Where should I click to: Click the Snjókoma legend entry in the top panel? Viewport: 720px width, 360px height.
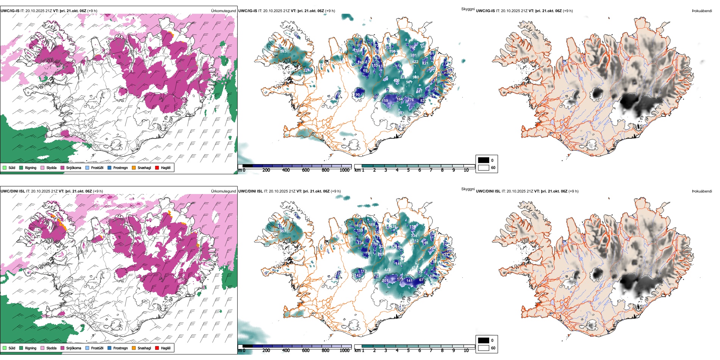click(74, 167)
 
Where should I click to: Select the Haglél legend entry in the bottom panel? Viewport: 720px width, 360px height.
click(166, 348)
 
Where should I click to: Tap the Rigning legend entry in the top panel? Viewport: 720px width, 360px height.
click(31, 167)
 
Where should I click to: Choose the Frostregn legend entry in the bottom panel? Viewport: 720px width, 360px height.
click(121, 348)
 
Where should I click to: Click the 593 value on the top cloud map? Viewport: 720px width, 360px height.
click(283, 51)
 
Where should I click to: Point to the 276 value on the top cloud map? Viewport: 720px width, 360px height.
click(410, 100)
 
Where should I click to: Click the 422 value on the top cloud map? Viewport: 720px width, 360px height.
click(415, 61)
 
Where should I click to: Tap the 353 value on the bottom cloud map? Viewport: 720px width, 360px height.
click(283, 231)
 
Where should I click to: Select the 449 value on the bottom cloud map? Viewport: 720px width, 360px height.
click(387, 270)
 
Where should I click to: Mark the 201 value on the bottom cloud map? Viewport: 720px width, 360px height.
click(385, 281)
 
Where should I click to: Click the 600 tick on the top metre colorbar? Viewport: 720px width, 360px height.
click(306, 170)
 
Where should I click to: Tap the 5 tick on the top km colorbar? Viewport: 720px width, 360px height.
click(409, 170)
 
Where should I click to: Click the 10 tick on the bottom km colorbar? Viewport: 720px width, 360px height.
click(466, 351)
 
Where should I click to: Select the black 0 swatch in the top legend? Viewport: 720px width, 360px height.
click(484, 160)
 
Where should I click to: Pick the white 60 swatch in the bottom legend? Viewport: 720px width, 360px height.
click(484, 348)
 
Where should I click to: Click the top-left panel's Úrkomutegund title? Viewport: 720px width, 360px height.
click(223, 11)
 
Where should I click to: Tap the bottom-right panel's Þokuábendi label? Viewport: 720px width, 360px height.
click(702, 191)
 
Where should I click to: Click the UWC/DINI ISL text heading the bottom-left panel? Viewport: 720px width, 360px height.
click(13, 191)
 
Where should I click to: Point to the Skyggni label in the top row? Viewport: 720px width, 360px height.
click(468, 9)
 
